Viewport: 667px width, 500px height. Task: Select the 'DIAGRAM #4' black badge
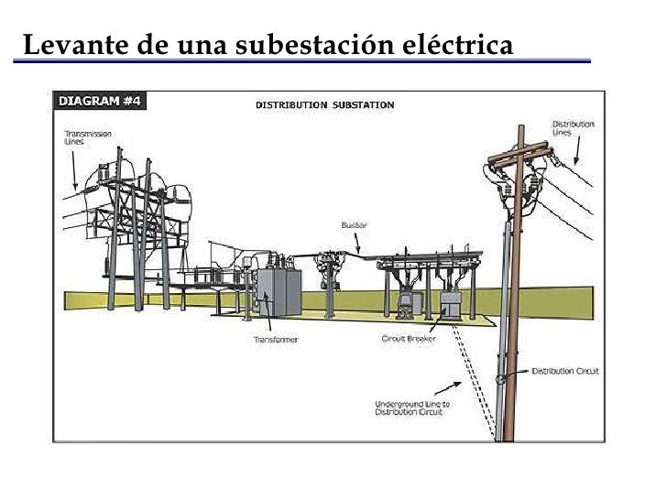click(100, 101)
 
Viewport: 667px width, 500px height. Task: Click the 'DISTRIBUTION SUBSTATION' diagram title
click(323, 104)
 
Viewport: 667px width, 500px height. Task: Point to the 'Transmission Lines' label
click(87, 137)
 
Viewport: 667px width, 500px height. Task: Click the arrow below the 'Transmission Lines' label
click(74, 168)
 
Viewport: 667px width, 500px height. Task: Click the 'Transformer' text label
click(275, 340)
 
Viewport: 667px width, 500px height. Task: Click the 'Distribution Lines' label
click(572, 128)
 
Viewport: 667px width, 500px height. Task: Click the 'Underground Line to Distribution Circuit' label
click(410, 408)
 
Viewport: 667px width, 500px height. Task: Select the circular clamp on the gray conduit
click(500, 378)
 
